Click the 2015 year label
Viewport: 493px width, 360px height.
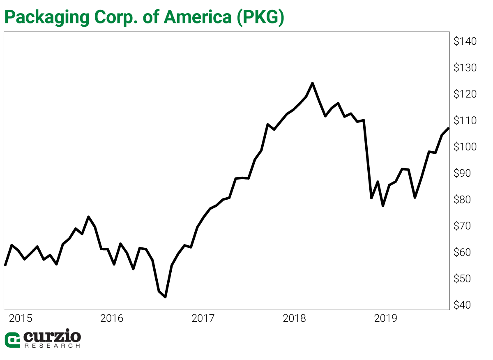point(21,318)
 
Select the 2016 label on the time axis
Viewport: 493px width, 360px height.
point(112,318)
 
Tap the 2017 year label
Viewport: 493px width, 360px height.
point(203,318)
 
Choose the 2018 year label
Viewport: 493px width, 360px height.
point(294,318)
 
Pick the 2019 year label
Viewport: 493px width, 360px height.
point(386,318)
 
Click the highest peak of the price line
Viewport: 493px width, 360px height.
point(313,83)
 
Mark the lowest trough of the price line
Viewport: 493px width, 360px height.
point(165,297)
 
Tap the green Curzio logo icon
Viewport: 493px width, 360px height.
point(12,340)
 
